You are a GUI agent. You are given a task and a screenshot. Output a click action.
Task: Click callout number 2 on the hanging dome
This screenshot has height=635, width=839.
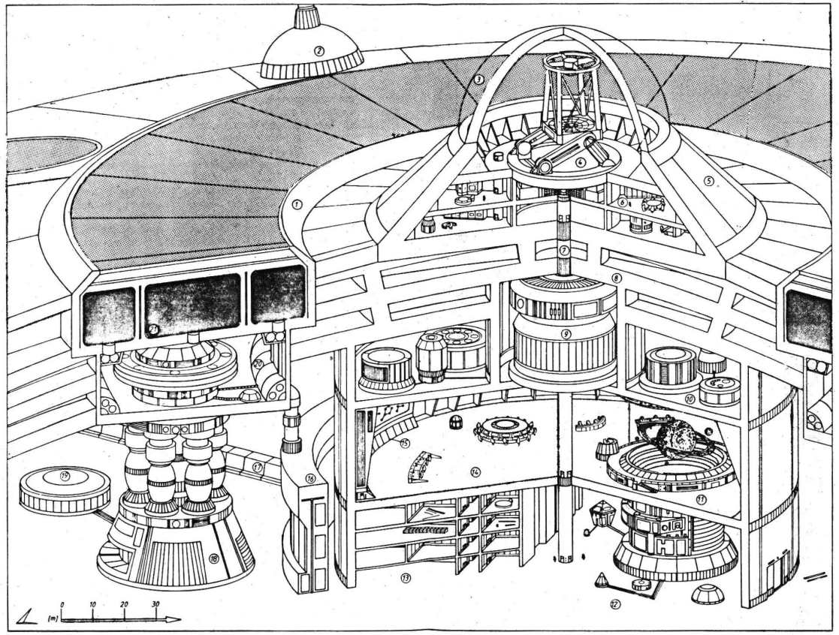pyautogui.click(x=319, y=52)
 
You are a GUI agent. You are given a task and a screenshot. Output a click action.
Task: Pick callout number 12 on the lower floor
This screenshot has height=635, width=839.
pyautogui.click(x=614, y=604)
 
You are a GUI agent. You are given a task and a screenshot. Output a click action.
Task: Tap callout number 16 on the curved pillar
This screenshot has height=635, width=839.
pyautogui.click(x=311, y=477)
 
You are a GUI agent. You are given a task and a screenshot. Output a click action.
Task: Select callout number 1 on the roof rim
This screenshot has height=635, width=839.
pyautogui.click(x=297, y=203)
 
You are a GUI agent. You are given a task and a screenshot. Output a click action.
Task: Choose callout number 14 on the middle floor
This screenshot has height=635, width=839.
pyautogui.click(x=475, y=471)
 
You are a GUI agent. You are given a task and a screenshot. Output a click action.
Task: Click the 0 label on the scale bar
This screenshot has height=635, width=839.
pyautogui.click(x=62, y=604)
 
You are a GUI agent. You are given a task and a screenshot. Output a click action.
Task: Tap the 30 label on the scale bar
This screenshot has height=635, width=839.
pyautogui.click(x=155, y=604)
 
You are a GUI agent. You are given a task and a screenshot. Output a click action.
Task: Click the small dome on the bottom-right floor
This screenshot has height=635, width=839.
pyautogui.click(x=708, y=594)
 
